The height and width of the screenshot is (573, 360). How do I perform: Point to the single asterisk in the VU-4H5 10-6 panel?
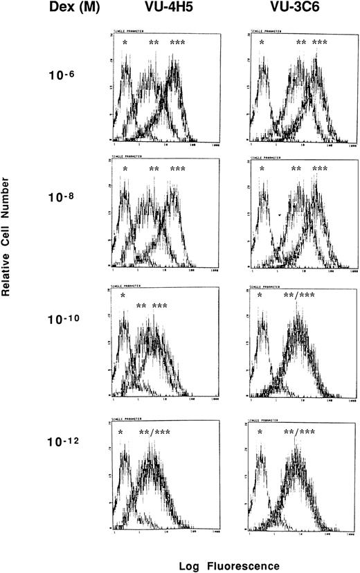(125, 44)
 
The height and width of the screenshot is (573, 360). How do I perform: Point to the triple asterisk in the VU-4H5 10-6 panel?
(177, 44)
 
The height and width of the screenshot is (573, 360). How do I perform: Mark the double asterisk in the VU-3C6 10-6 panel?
(300, 44)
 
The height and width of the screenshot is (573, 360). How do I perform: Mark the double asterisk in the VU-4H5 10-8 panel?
(154, 170)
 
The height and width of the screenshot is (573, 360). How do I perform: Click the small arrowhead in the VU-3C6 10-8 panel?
(278, 216)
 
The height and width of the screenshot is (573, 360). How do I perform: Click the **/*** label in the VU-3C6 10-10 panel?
(300, 297)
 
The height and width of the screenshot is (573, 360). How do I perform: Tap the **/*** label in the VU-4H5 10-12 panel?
(155, 433)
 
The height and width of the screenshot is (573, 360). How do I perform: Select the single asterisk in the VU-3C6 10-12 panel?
(260, 433)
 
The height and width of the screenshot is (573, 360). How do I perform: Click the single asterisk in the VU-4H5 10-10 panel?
(123, 297)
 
